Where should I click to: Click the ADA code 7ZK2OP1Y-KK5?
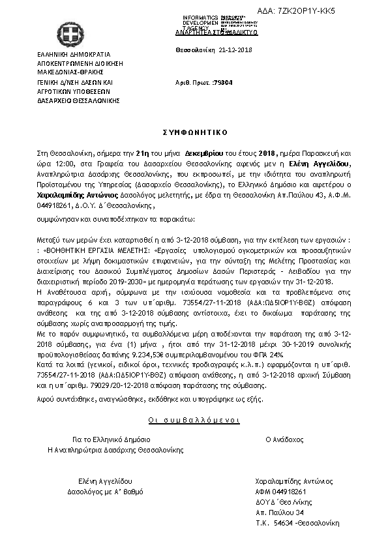click(348, 11)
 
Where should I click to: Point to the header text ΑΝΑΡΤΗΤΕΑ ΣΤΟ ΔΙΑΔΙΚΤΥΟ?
click(217, 32)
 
